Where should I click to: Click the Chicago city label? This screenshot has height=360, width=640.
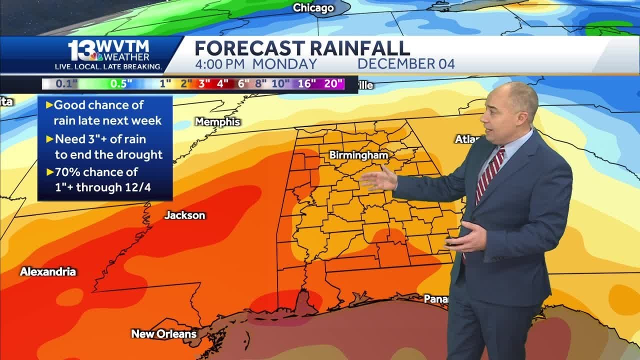[x=313, y=7]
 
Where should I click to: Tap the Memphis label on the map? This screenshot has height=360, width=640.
[x=217, y=122]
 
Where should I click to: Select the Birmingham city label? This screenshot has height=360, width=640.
[x=358, y=155]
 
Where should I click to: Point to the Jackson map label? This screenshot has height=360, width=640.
[x=185, y=215]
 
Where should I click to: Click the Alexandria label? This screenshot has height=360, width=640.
[x=48, y=272]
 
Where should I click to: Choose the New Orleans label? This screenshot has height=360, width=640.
[x=164, y=333]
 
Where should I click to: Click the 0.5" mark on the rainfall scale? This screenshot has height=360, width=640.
[x=118, y=84]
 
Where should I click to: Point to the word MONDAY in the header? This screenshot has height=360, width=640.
[x=284, y=64]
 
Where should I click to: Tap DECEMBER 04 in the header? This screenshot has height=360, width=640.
[x=406, y=64]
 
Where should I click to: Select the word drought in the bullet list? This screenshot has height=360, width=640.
[x=139, y=154]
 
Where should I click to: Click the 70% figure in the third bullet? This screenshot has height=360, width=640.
[x=68, y=172]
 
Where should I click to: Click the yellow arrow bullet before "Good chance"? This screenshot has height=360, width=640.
[x=49, y=105]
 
